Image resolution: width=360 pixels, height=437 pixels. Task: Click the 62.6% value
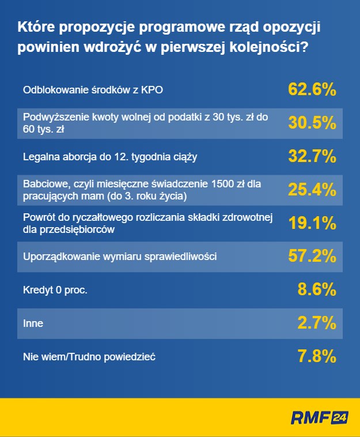[312, 89]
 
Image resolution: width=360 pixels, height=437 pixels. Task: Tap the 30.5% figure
[312, 123]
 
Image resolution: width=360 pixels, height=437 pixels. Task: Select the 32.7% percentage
[312, 156]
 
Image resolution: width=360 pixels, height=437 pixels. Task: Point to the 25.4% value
[312, 189]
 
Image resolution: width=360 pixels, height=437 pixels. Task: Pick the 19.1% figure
[312, 223]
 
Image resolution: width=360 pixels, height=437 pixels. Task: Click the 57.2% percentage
[312, 256]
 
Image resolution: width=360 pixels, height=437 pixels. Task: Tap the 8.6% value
[316, 289]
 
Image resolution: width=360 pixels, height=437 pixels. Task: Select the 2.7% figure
[316, 323]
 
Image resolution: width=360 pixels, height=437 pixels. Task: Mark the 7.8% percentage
[316, 356]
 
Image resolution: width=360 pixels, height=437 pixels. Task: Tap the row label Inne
[33, 323]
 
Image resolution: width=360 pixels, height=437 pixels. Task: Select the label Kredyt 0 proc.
[55, 290]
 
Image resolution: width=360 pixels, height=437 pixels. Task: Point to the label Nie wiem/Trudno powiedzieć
[89, 357]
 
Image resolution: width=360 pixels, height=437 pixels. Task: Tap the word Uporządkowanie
[59, 257]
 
